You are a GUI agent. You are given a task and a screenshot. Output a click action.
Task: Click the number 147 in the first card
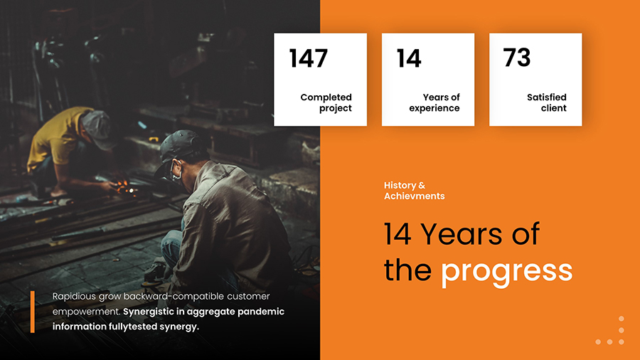pyautogui.click(x=309, y=58)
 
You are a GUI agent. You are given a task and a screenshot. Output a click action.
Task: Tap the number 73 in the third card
pyautogui.click(x=517, y=58)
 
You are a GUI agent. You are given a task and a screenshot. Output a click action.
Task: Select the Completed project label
pyautogui.click(x=326, y=102)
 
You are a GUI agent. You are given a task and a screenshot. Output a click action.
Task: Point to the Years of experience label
pyautogui.click(x=434, y=102)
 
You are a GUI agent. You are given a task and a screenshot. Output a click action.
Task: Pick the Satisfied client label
pyautogui.click(x=547, y=102)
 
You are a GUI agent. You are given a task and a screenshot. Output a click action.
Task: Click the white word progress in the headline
pyautogui.click(x=506, y=271)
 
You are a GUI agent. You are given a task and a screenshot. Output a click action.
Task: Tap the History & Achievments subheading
pyautogui.click(x=415, y=191)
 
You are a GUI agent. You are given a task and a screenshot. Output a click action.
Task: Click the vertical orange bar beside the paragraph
pyautogui.click(x=32, y=311)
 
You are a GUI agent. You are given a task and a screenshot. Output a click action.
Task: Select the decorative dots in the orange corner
pyautogui.click(x=612, y=332)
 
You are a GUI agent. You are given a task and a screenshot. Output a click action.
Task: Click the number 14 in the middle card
pyautogui.click(x=409, y=58)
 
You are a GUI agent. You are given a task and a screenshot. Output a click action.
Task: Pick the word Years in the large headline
pyautogui.click(x=462, y=234)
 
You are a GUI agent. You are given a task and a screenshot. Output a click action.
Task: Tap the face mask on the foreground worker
pyautogui.click(x=174, y=171)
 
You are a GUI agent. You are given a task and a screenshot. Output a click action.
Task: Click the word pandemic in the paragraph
pyautogui.click(x=260, y=312)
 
